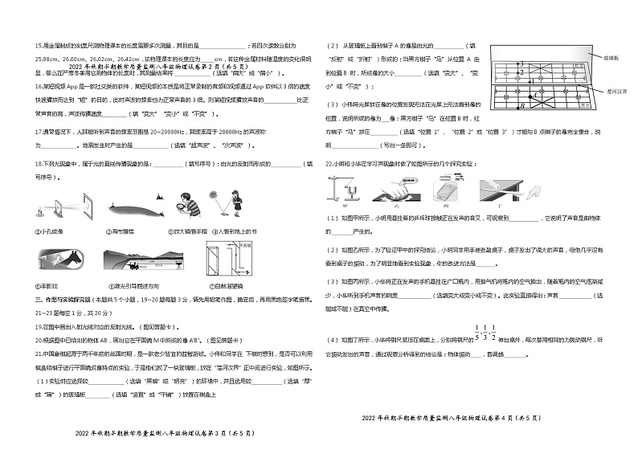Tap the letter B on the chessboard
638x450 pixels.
pyautogui.click(x=523, y=105)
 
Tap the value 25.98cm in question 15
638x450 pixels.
pyautogui.click(x=47, y=58)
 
